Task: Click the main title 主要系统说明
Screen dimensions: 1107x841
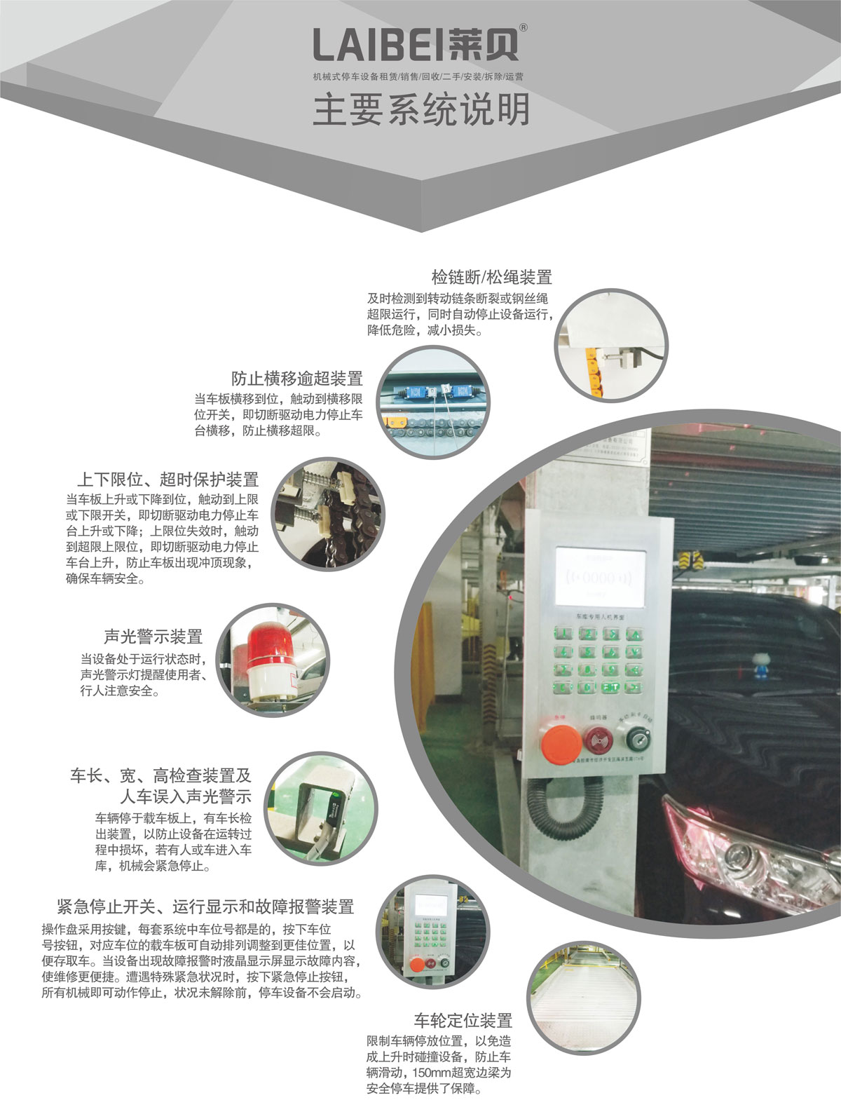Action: (x=420, y=110)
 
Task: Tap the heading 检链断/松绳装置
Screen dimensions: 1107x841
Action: (x=491, y=277)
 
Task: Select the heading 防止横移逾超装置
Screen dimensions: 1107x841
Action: (x=297, y=379)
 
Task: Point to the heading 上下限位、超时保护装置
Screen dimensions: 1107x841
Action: (x=167, y=480)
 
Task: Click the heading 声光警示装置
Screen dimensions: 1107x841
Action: (x=153, y=637)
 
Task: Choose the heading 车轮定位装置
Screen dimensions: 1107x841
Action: (x=463, y=1020)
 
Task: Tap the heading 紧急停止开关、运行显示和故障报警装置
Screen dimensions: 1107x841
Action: (x=205, y=906)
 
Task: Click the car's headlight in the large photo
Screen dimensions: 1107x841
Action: (x=743, y=852)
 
